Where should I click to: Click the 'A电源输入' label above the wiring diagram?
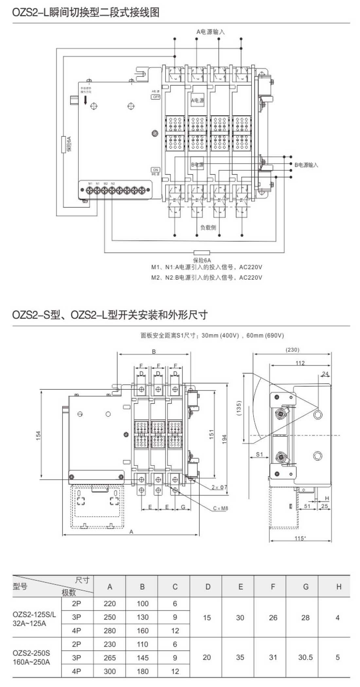(210, 32)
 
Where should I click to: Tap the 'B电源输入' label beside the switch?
(306, 165)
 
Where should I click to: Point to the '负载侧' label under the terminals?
(208, 227)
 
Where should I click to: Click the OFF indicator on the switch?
(156, 97)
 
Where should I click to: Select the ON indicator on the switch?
(155, 169)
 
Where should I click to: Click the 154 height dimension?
(39, 435)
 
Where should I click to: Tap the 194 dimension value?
(224, 438)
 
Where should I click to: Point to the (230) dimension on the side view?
(292, 350)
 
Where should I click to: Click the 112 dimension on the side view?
(300, 363)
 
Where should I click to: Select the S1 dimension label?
(259, 454)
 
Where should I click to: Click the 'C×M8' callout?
(220, 508)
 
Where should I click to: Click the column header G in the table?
(306, 587)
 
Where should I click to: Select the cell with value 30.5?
(305, 657)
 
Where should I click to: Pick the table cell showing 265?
(110, 658)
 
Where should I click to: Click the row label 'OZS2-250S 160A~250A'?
(31, 658)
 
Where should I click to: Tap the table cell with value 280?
(110, 630)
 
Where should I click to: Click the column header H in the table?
(339, 587)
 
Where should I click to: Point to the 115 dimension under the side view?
(299, 538)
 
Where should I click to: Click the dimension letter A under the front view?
(131, 532)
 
